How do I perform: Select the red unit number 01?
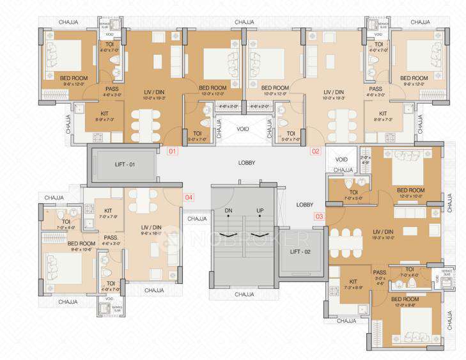(172, 152)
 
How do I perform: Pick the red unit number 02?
(315, 152)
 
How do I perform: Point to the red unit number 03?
(319, 216)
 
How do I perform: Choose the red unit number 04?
(189, 198)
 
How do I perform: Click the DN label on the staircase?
(228, 210)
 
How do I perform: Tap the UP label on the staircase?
(260, 210)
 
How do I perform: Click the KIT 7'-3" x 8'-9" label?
(352, 284)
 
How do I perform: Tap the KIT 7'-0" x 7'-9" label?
(108, 213)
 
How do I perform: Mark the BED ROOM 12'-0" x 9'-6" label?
(406, 302)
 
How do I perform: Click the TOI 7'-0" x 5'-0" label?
(353, 194)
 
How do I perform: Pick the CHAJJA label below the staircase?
(245, 294)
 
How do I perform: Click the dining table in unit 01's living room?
(146, 124)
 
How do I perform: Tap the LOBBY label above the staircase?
(247, 163)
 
